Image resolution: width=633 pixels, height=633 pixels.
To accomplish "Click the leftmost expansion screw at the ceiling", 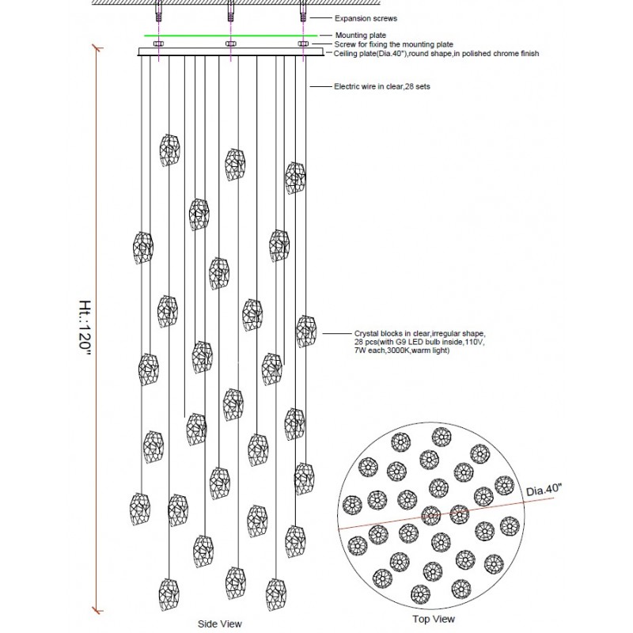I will (158, 11).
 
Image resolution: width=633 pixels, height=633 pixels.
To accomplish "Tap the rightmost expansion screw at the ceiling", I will (302, 11).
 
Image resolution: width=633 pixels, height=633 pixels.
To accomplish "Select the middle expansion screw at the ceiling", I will (230, 11).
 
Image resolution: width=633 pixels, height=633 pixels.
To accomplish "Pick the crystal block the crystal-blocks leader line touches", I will (306, 332).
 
